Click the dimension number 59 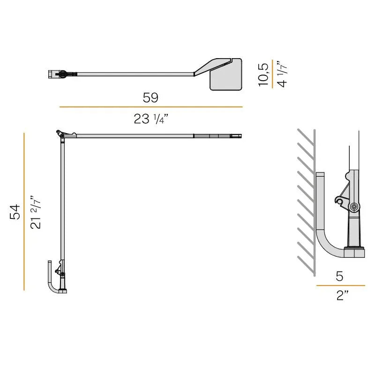point(150,97)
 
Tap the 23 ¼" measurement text point(151,119)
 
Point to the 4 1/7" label point(281,74)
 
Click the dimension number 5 point(340,276)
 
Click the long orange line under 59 point(150,107)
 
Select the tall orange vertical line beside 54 point(24,211)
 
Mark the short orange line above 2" point(340,285)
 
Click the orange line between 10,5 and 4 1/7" point(272,74)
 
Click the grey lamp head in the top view point(225,75)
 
